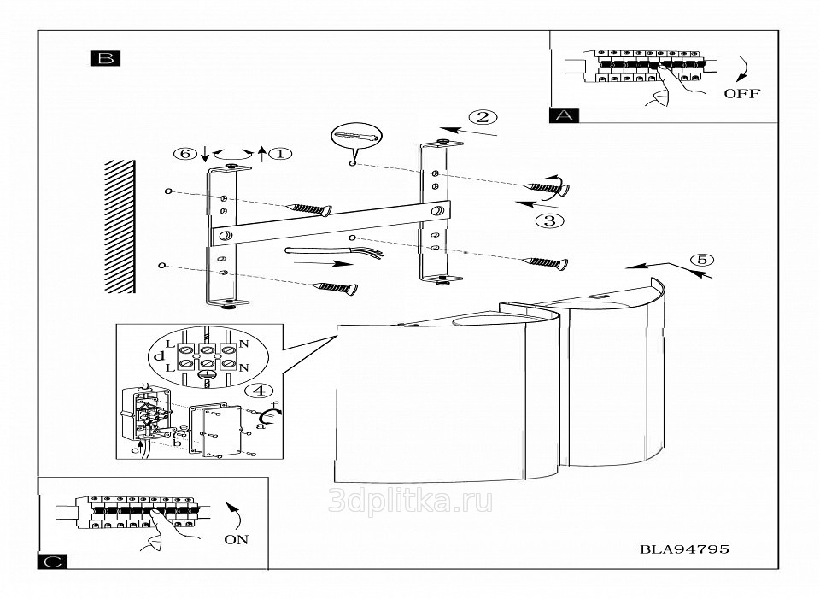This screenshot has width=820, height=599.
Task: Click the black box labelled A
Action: click(565, 115)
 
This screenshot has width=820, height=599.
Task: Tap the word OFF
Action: click(741, 93)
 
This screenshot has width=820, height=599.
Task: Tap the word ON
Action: click(236, 540)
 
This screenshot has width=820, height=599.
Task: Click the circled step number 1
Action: click(280, 154)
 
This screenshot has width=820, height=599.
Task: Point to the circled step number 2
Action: click(483, 117)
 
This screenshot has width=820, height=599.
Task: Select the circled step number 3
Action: click(549, 220)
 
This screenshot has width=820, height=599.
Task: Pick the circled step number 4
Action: click(259, 391)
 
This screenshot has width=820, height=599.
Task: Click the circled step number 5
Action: click(701, 260)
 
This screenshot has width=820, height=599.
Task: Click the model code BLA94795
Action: click(684, 549)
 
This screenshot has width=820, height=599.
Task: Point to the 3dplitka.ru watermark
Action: click(410, 502)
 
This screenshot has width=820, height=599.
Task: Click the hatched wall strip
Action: click(120, 226)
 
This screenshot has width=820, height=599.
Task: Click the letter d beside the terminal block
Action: click(160, 355)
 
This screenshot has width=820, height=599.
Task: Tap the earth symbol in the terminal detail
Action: click(206, 373)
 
